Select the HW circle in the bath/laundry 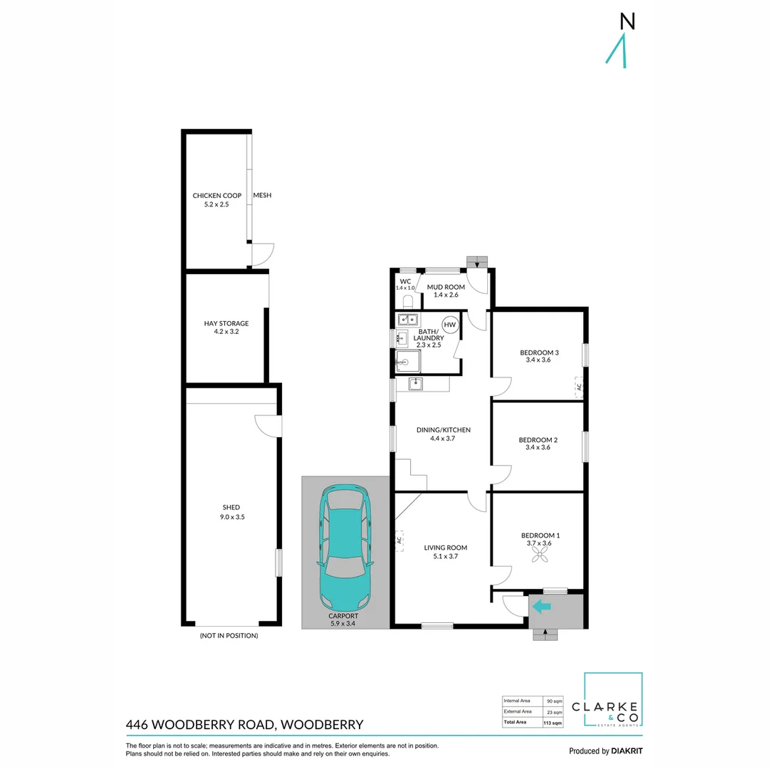[x=449, y=325]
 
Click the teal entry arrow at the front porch [x=543, y=607]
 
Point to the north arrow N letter [x=627, y=22]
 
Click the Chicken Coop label [x=216, y=196]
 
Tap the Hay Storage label [x=226, y=323]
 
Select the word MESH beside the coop [x=262, y=196]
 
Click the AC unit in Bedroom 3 [x=579, y=387]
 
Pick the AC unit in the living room [x=399, y=540]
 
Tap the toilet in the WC [x=407, y=302]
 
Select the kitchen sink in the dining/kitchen [x=416, y=384]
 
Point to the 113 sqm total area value [x=553, y=723]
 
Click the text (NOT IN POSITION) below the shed [x=229, y=635]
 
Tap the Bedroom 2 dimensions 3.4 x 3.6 [x=538, y=449]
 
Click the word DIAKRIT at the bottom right [x=627, y=751]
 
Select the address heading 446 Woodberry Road [x=244, y=725]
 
